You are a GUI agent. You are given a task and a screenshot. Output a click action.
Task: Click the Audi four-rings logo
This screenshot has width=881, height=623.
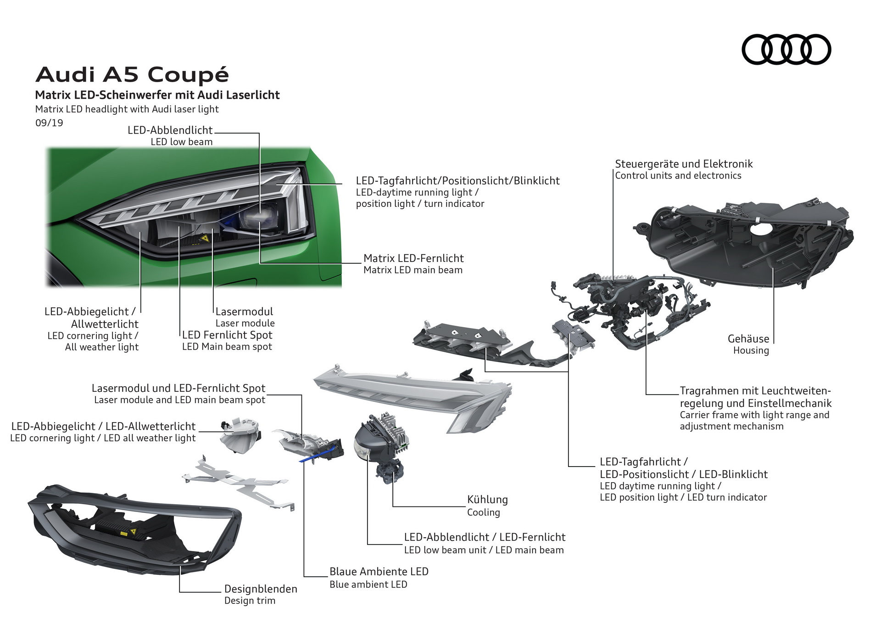[786, 49]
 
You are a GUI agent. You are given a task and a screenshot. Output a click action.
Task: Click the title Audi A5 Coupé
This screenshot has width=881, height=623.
[132, 74]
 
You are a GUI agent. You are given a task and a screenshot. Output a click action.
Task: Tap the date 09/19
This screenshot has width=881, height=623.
[49, 123]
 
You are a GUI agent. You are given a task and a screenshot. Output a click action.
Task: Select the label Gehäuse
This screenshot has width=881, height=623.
[748, 339]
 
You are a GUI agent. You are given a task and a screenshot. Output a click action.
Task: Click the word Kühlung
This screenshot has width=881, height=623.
[487, 500]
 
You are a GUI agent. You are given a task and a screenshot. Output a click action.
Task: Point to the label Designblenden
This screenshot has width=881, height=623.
[261, 589]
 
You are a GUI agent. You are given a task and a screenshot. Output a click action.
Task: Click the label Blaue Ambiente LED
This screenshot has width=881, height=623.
[379, 572]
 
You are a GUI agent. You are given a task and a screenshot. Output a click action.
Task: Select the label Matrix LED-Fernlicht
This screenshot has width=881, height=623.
[413, 258]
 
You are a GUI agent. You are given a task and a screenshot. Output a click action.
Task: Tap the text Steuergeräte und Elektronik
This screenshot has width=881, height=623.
[684, 164]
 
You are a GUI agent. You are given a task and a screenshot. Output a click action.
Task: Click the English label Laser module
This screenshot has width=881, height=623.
[245, 323]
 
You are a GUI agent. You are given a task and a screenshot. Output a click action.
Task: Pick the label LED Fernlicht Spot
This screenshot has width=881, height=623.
[227, 335]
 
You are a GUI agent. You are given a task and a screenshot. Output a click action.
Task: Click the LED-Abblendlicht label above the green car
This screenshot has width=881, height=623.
[170, 130]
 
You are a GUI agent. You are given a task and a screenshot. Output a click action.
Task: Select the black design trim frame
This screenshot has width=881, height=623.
[133, 528]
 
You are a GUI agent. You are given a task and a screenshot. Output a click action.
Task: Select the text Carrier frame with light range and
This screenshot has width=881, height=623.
[754, 415]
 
